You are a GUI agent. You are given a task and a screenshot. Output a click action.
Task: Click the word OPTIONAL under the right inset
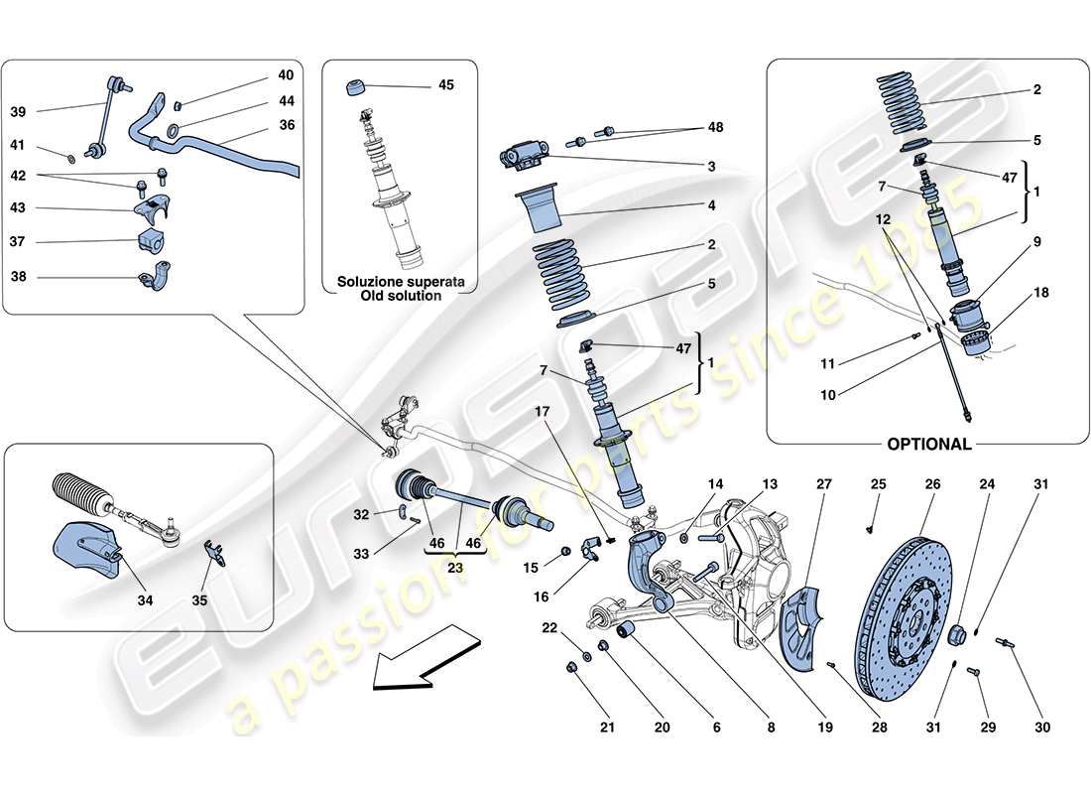(x=928, y=445)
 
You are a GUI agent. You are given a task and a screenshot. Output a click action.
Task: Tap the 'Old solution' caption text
(x=402, y=296)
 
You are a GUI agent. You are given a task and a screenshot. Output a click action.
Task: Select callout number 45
(x=445, y=85)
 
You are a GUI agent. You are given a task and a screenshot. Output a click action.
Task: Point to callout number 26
(x=931, y=484)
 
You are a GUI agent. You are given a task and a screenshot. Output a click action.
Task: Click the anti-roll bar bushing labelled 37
(x=145, y=241)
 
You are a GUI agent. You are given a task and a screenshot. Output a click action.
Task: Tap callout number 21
(x=607, y=728)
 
